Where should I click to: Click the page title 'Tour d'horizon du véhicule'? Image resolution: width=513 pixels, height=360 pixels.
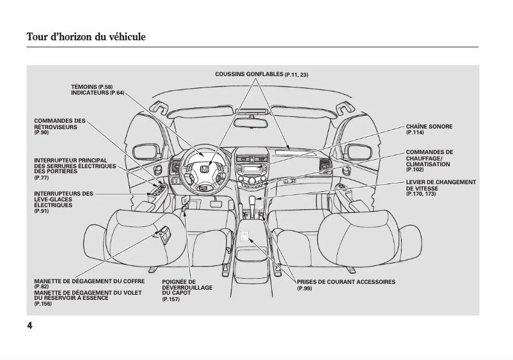pos(86,37)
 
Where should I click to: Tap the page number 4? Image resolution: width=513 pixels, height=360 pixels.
pos(30,325)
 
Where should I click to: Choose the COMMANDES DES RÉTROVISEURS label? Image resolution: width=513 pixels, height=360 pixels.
pos(59,124)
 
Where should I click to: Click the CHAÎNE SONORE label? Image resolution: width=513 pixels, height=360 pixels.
pos(429,127)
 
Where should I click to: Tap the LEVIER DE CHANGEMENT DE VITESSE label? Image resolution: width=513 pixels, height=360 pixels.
pos(441,185)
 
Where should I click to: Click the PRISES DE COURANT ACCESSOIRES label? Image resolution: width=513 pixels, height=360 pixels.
pos(346,282)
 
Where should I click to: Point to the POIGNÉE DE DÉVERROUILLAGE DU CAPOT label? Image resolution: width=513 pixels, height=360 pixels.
pos(187,287)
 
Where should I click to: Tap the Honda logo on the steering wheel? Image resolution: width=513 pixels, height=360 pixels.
pos(203,170)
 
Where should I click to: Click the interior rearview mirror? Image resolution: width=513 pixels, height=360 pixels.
pos(254,121)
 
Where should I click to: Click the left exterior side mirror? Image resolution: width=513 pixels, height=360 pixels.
pos(148,152)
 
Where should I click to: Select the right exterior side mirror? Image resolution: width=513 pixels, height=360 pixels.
pos(354,152)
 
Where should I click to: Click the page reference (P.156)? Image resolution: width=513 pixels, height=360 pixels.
pos(43,304)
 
